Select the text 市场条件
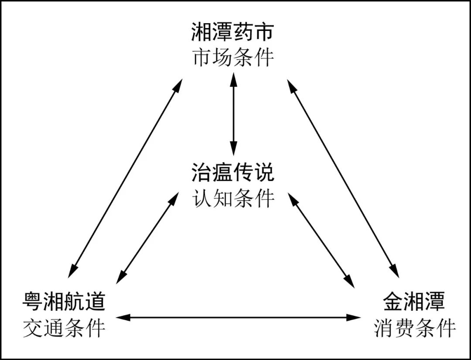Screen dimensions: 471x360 pyautogui.click(x=233, y=58)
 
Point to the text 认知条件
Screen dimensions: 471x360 pyautogui.click(x=233, y=198)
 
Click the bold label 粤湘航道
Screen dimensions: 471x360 pyautogui.click(x=64, y=302)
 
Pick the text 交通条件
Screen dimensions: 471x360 pyautogui.click(x=64, y=328)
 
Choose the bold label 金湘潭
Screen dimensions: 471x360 pyautogui.click(x=414, y=302)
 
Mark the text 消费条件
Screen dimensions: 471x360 pyautogui.click(x=415, y=328)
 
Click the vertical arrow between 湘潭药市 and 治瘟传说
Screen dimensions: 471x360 pyautogui.click(x=233, y=114)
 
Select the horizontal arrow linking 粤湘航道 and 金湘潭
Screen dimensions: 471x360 pyautogui.click(x=238, y=317)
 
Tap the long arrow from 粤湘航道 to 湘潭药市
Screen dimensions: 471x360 pyautogui.click(x=126, y=178)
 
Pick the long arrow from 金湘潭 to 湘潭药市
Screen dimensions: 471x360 pyautogui.click(x=343, y=178)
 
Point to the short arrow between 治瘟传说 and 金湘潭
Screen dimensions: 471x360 pyautogui.click(x=321, y=239)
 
